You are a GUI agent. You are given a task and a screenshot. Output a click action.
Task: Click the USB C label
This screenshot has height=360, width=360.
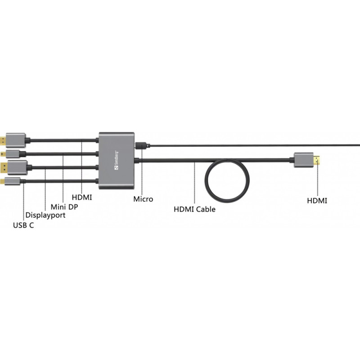[23, 225]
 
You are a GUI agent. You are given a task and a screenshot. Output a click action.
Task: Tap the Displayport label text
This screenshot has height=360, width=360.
[45, 216]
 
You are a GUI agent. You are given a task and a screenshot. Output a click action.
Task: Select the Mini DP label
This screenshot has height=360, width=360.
[64, 207]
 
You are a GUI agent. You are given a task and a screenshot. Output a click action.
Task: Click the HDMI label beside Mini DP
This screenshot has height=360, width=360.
[82, 197]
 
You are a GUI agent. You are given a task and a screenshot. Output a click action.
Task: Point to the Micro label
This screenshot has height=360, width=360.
[143, 199]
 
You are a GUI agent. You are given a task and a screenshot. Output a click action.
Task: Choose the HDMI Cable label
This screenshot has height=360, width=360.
[194, 209]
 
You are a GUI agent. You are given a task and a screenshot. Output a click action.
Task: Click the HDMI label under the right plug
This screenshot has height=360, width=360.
[317, 201]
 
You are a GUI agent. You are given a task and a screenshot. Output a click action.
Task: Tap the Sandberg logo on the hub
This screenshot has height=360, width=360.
[117, 160]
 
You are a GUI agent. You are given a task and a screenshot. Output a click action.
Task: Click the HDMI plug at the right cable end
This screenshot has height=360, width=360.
[307, 160]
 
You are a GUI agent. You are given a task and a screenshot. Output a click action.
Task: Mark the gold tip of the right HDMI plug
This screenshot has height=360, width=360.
[317, 160]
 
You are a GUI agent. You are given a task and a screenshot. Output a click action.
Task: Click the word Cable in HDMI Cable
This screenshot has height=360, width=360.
[206, 209]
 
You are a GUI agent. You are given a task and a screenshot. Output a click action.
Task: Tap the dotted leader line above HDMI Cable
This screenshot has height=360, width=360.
[194, 183]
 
